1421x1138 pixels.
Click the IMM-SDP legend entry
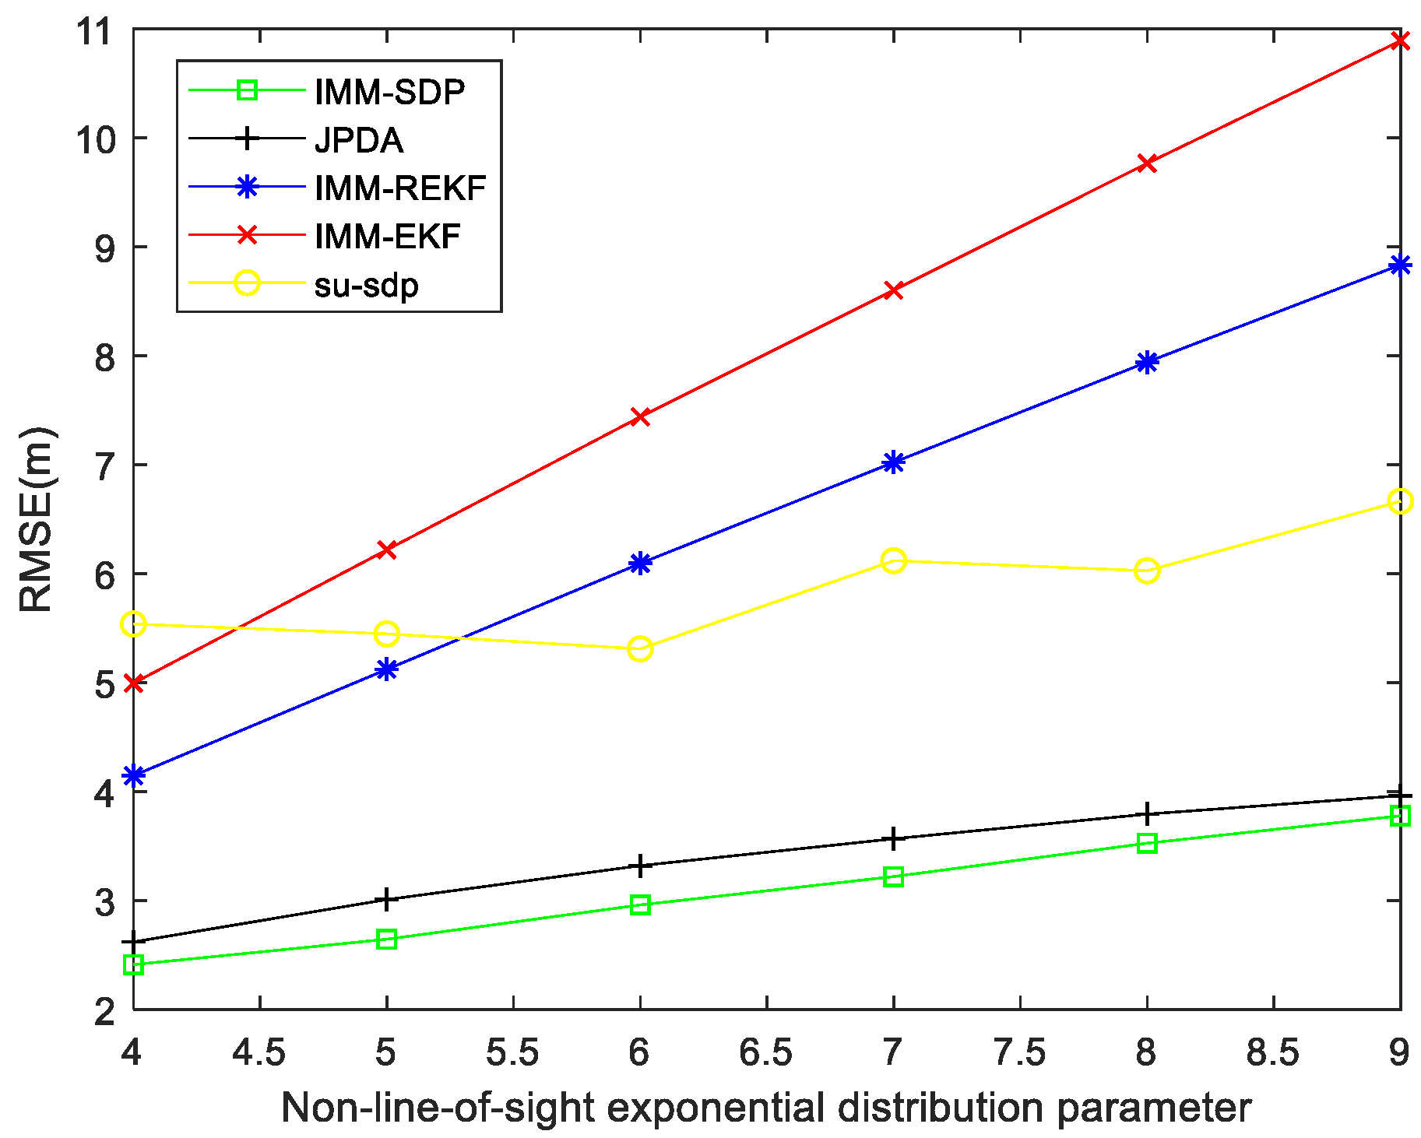[x=389, y=93]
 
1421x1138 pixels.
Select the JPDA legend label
[x=359, y=141]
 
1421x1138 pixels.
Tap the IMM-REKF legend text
[x=400, y=188]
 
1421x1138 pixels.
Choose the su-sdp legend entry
[x=367, y=285]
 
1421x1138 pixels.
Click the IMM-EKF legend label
[x=388, y=237]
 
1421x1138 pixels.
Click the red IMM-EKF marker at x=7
[x=893, y=290]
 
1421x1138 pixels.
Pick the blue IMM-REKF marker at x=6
[x=640, y=563]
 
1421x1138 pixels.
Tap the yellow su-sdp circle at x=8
[x=1147, y=571]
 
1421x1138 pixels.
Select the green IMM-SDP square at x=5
[x=387, y=940]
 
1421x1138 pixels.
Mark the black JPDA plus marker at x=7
[x=893, y=839]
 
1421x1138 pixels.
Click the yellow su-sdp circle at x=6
[x=640, y=648]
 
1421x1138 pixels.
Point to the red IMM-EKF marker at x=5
[x=387, y=550]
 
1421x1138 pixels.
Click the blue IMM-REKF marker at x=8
[x=1147, y=362]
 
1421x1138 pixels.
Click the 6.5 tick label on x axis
[x=766, y=1053]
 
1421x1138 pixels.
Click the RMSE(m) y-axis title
[x=36, y=519]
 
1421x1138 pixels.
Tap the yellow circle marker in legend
[x=247, y=283]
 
